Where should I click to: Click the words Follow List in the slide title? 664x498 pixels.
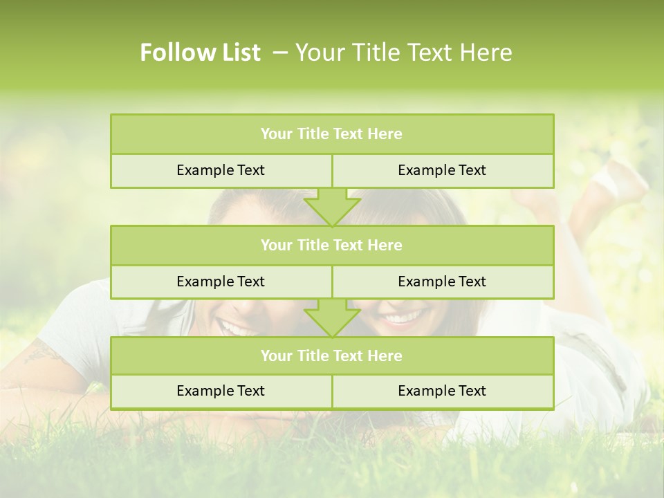coord(201,53)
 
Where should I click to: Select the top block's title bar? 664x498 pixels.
coord(332,134)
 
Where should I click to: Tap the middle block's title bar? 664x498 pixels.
coord(332,245)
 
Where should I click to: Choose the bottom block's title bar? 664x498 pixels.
coord(332,356)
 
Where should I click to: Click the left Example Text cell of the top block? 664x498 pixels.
coord(221,170)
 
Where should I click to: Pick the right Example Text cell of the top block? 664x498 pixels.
coord(442,170)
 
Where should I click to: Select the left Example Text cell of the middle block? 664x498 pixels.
coord(221,282)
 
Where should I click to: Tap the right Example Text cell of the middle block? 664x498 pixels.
coord(442,282)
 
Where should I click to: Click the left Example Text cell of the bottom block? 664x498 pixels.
coord(221,391)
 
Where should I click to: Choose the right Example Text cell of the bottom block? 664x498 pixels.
coord(442,391)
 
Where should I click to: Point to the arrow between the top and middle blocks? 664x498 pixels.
coord(332,207)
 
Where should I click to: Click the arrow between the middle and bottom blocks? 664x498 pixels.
coord(332,317)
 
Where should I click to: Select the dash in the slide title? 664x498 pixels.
coord(279,53)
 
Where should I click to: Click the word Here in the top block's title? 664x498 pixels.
coord(385,134)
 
